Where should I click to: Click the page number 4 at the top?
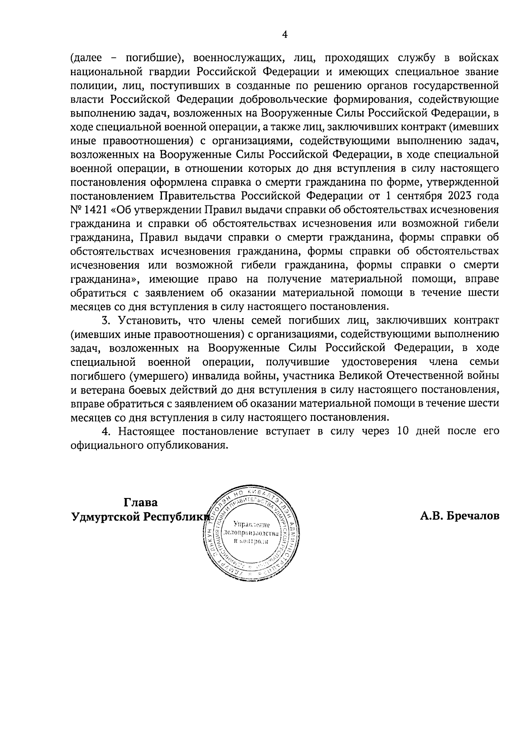coord(285,35)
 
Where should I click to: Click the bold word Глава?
coord(140,502)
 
